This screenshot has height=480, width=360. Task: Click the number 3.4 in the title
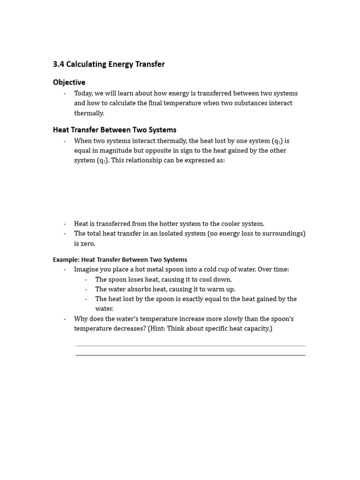[59, 64]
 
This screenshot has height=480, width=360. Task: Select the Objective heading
[69, 82]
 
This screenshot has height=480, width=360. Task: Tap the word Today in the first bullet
[83, 93]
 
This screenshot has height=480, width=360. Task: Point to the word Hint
[159, 329]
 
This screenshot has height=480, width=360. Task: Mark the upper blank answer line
[190, 346]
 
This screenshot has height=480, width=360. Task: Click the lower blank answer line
[190, 355]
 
